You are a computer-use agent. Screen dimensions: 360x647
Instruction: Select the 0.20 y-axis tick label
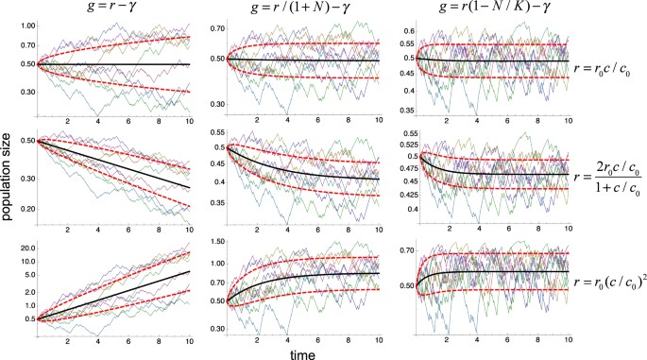pyautogui.click(x=24, y=207)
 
